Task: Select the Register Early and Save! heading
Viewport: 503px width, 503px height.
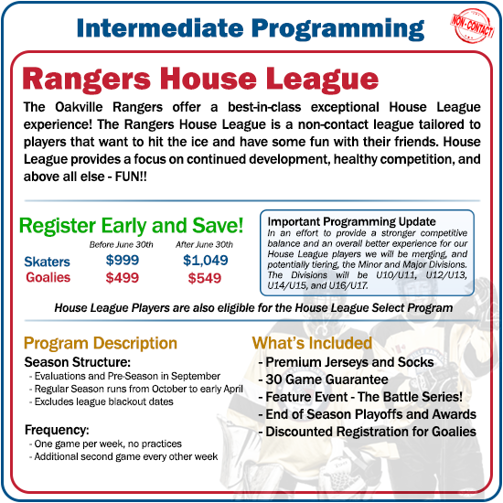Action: pos(132,225)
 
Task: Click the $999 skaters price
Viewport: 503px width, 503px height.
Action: pos(122,262)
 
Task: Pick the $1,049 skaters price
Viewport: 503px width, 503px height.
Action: pos(206,262)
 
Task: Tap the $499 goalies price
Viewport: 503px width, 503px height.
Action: pos(122,279)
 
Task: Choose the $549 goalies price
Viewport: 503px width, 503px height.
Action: pos(206,279)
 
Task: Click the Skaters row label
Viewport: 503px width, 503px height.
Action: pos(48,262)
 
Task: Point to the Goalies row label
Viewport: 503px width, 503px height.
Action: pos(48,278)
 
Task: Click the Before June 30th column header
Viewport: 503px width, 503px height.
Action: pos(123,244)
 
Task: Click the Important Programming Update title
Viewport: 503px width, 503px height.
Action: pos(337,222)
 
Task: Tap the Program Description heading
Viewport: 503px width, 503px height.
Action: pos(101,344)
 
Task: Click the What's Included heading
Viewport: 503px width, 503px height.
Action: pos(312,344)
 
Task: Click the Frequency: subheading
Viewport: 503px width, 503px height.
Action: pos(56,428)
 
